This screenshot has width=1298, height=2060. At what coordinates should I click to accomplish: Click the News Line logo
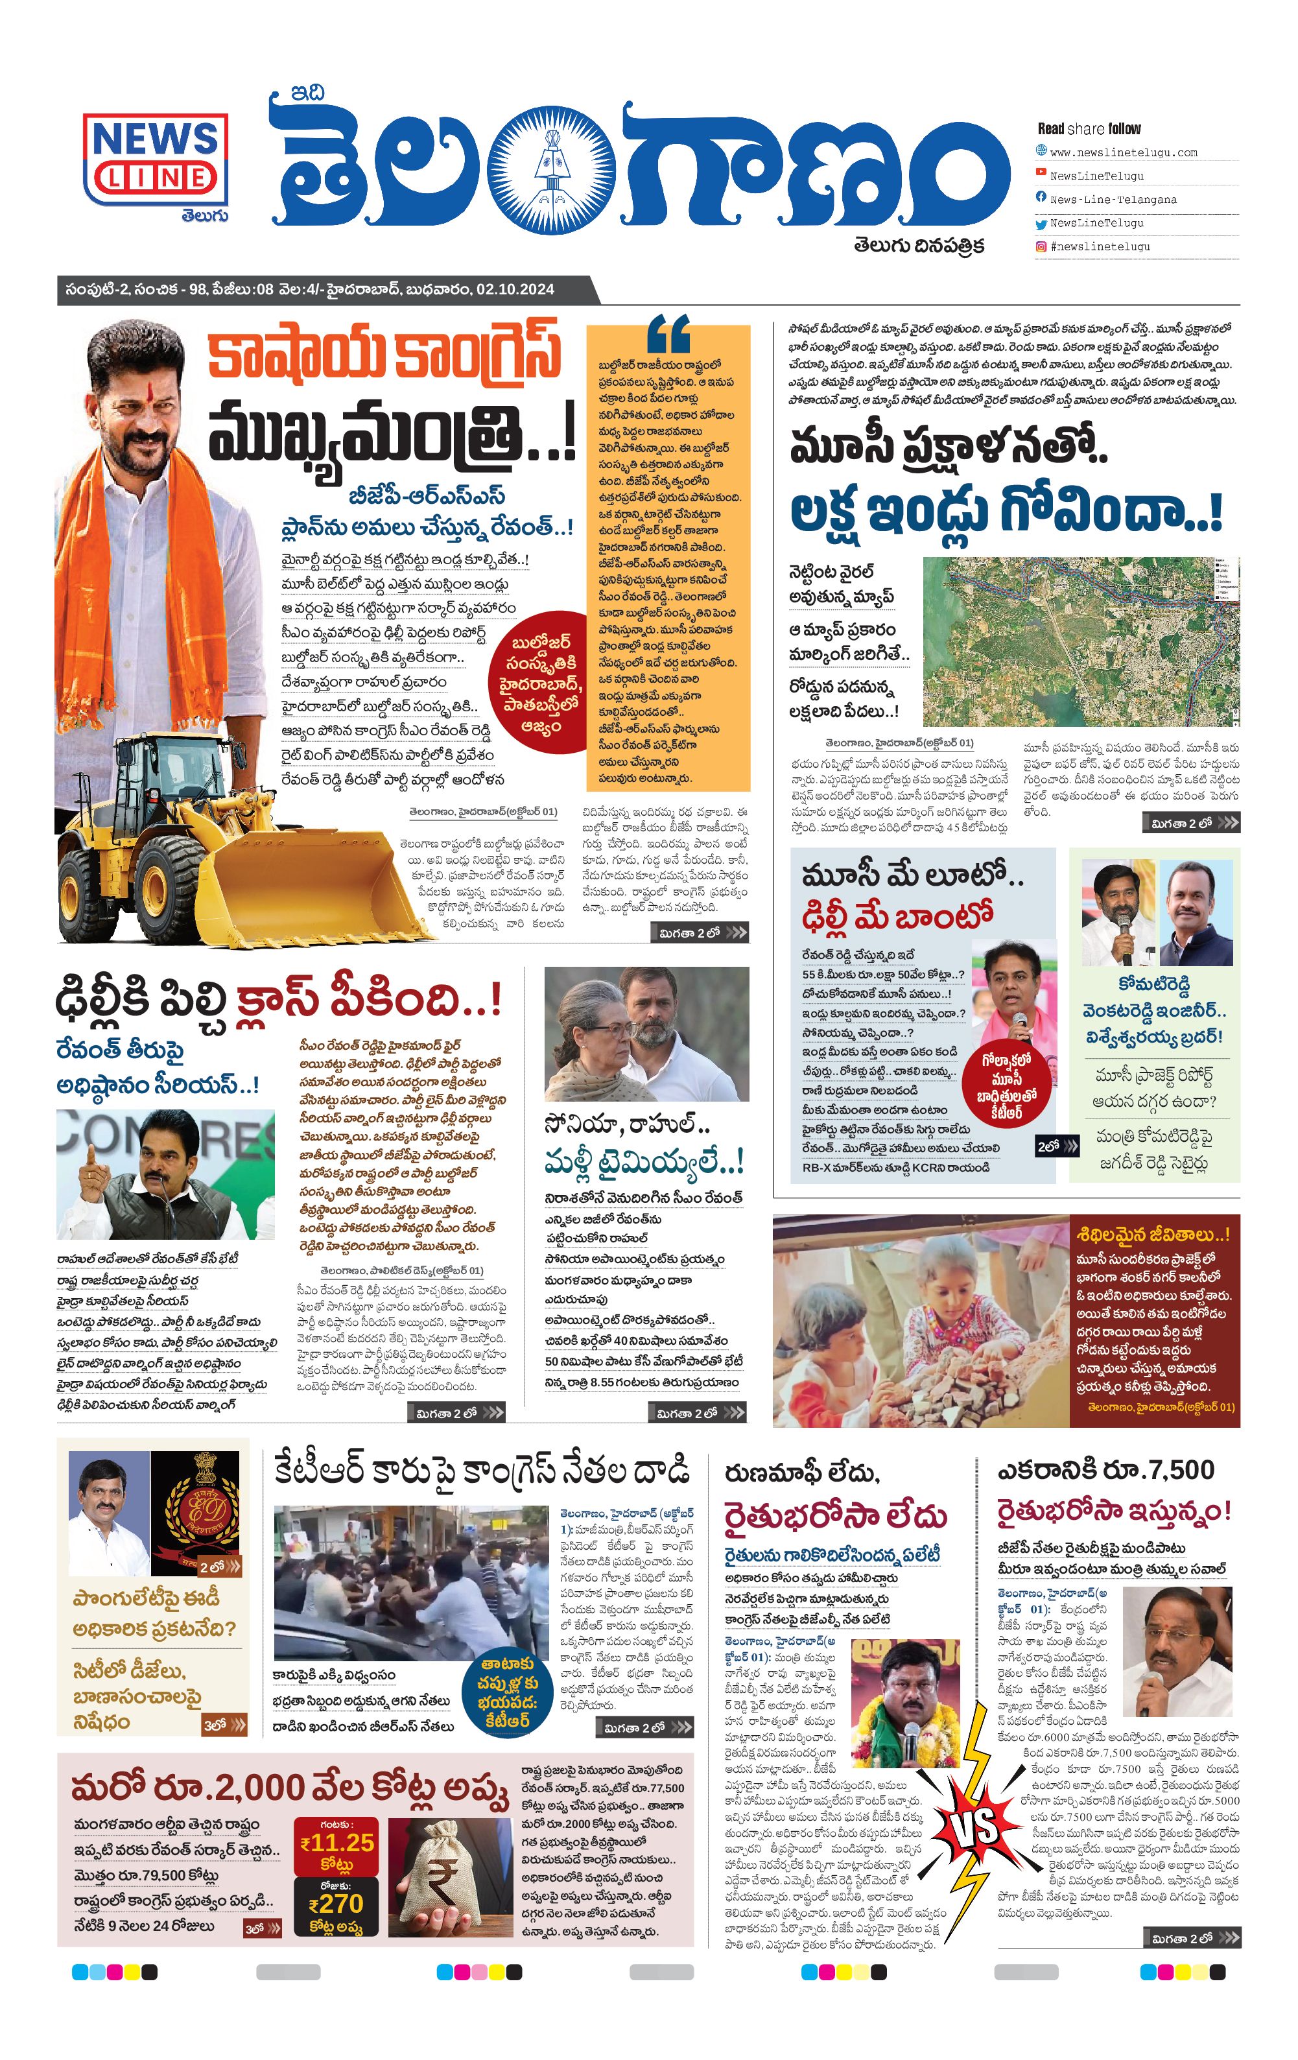pyautogui.click(x=156, y=160)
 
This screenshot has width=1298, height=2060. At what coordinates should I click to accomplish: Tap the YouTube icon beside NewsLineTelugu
pyautogui.click(x=1041, y=173)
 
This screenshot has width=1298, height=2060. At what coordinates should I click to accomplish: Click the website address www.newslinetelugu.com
pyautogui.click(x=1122, y=152)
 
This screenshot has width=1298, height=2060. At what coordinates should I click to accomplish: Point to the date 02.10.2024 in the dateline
pyautogui.click(x=515, y=289)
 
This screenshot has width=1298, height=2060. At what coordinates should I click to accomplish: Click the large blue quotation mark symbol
pyautogui.click(x=668, y=335)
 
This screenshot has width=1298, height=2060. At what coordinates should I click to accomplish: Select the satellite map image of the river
pyautogui.click(x=1081, y=642)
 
